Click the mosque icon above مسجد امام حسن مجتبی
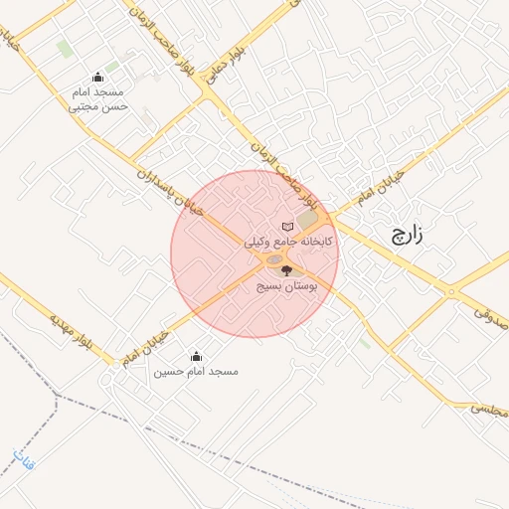pos(97,77)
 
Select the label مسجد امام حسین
pos(196,372)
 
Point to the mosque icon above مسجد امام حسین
pos(196,355)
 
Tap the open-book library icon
pos(288,227)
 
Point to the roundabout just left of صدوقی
pos(452,292)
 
